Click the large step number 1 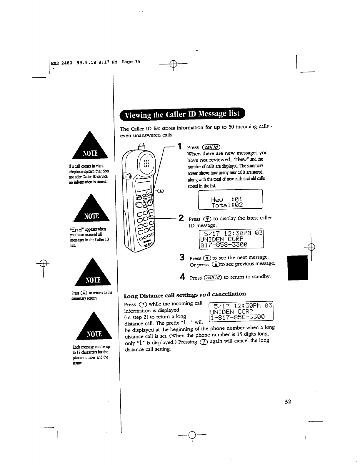[179, 147]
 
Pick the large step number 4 [182, 277]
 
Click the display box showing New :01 [230, 200]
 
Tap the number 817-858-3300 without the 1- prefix [224, 244]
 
